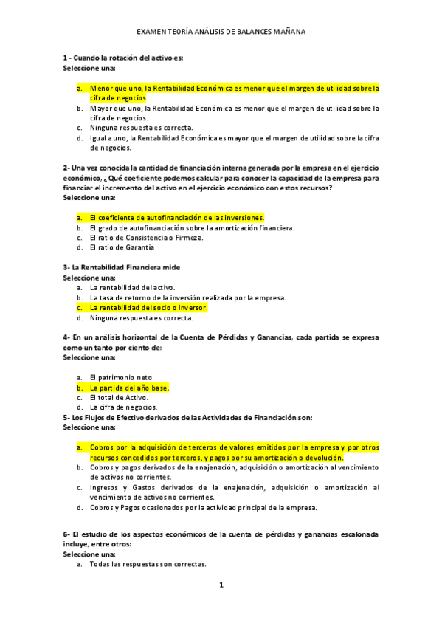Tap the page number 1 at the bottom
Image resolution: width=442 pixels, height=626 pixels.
point(221,585)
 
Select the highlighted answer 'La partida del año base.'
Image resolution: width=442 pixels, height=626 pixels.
point(129,387)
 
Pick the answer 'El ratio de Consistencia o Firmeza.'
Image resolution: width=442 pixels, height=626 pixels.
point(146,238)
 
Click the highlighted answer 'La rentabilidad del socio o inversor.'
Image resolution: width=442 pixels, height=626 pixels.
point(148,307)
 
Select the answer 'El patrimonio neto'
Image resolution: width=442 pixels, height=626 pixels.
point(120,377)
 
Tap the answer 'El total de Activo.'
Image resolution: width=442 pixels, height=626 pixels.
point(119,397)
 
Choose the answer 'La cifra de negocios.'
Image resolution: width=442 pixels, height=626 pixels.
point(122,407)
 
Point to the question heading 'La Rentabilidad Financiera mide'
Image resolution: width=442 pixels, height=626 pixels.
point(125,266)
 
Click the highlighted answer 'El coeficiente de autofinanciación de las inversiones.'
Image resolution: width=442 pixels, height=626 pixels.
point(176,218)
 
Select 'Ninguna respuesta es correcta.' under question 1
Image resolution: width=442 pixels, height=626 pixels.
point(141,127)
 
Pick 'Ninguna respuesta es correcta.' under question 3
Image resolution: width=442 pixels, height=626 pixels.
point(141,318)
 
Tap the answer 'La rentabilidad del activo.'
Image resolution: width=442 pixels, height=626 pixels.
point(132,287)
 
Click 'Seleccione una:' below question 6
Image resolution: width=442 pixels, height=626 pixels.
point(89,554)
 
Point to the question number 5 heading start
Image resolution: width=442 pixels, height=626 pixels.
point(66,417)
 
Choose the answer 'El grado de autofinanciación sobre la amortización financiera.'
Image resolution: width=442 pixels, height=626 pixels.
point(192,228)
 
